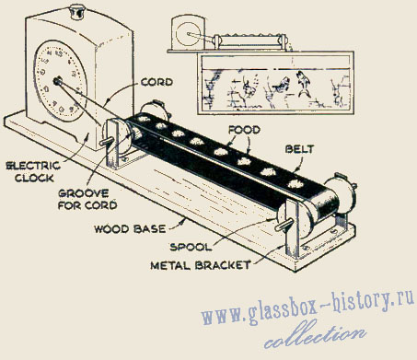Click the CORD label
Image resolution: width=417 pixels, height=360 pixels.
(x=156, y=82)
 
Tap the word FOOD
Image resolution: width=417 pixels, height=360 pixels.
(x=244, y=130)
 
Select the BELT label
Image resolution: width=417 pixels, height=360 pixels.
(x=300, y=149)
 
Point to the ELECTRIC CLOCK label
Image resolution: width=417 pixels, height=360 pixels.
(x=33, y=172)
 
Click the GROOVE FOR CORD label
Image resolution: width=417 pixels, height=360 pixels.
(x=87, y=199)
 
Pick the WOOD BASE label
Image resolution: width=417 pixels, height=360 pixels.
(x=130, y=229)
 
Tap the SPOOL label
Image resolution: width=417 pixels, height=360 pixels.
(x=191, y=247)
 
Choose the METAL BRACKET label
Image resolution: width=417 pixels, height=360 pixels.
(x=201, y=265)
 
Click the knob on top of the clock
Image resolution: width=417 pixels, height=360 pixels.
(x=75, y=12)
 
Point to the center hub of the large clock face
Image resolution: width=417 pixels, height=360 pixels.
(x=57, y=81)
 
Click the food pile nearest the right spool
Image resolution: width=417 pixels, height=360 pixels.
(x=295, y=184)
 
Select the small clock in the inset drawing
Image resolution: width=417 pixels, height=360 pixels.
(x=188, y=33)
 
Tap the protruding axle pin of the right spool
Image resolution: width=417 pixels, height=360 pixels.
(x=282, y=226)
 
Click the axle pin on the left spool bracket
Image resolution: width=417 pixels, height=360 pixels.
(x=107, y=142)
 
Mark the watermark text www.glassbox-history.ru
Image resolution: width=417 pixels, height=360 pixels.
(x=307, y=307)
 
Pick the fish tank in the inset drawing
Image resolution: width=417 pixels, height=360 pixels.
(x=275, y=83)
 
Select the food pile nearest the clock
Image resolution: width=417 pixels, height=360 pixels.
(x=143, y=119)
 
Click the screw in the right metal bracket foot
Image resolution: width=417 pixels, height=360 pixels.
(x=305, y=248)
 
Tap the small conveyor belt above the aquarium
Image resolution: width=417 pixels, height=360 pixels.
(x=250, y=41)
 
